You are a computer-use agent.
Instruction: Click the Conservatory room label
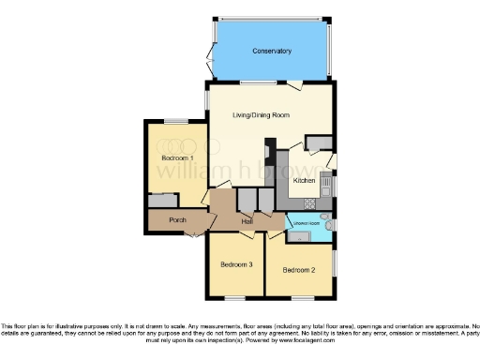coord(272,51)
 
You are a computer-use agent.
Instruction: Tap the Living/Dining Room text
coord(261,114)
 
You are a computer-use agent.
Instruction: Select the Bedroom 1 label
coord(177,158)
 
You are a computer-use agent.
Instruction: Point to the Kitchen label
coord(304,180)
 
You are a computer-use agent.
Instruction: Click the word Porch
coord(176,221)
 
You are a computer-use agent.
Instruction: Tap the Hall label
coord(246,221)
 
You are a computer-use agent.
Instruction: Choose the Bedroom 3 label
coord(236,265)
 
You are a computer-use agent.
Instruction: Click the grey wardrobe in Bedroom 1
coord(162,201)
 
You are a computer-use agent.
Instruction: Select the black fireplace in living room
coord(269,151)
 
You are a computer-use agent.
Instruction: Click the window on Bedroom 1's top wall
coord(175,120)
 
